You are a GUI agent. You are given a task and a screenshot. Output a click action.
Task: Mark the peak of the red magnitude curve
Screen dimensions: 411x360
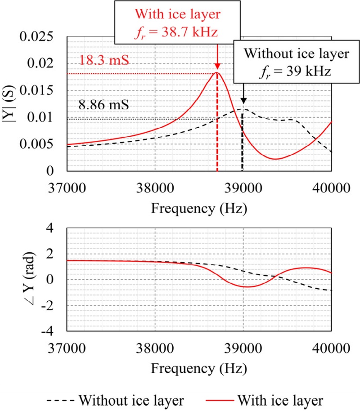click(x=217, y=72)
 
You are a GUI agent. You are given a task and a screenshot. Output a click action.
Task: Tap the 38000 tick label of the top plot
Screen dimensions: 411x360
click(x=155, y=185)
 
